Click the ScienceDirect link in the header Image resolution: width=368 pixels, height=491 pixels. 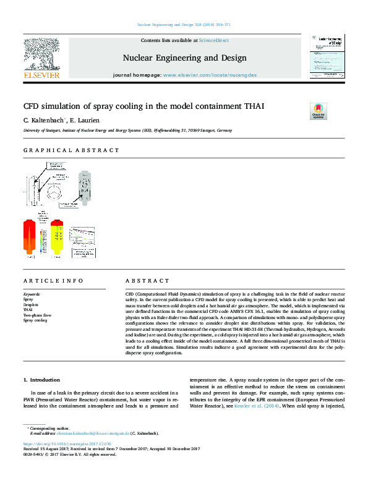click(213, 40)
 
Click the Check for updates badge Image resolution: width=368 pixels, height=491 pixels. click(319, 111)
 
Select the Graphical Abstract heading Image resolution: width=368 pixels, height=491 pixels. click(71, 150)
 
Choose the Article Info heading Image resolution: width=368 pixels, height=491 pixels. click(54, 280)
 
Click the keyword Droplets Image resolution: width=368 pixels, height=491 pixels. click(30, 305)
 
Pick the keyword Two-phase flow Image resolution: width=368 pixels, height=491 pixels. click(36, 315)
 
